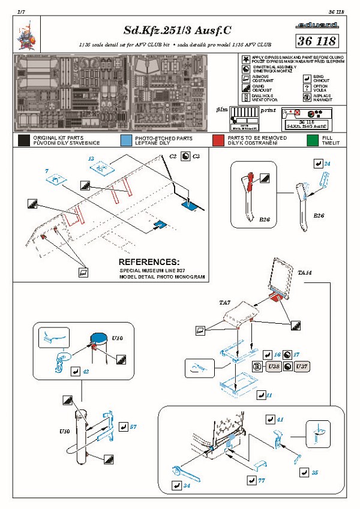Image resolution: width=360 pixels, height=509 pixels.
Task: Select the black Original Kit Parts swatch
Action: click(24, 141)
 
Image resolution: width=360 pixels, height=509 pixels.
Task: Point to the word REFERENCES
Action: click(149, 263)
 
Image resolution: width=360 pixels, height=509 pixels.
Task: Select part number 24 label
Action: click(327, 163)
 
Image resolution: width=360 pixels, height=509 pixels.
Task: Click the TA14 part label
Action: click(305, 273)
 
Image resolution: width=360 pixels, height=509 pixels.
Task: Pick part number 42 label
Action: click(86, 372)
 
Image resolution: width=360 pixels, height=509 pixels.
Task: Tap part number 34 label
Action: click(187, 484)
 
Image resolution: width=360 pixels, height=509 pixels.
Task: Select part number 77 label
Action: click(262, 480)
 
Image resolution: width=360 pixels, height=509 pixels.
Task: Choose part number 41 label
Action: click(280, 420)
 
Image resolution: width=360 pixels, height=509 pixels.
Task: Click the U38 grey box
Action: click(274, 366)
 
